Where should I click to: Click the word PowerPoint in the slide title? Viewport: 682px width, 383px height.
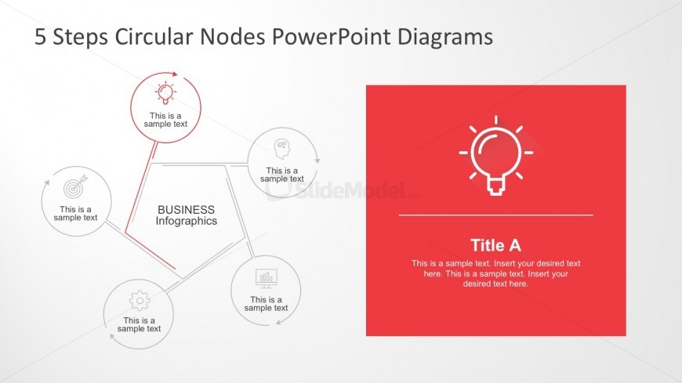[331, 37]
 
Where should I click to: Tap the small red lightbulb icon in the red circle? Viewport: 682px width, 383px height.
[165, 92]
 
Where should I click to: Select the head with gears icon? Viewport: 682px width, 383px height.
[282, 149]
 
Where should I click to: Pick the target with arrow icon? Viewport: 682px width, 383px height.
[75, 187]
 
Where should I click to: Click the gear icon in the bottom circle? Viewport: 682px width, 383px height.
[140, 301]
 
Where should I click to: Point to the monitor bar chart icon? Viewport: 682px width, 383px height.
[267, 278]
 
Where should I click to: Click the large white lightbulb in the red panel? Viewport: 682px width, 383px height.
[496, 155]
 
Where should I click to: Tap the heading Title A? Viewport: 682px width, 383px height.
[495, 245]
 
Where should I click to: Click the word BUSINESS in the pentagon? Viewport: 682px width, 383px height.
[186, 210]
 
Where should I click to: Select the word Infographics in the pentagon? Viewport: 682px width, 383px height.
[186, 221]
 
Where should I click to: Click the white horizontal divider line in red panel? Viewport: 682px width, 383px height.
[496, 215]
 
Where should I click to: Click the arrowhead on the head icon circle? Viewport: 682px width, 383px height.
[317, 161]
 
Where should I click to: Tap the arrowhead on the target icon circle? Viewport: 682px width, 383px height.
[47, 182]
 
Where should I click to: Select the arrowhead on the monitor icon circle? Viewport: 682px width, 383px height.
[279, 322]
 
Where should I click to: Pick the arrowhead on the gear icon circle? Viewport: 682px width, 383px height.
[112, 337]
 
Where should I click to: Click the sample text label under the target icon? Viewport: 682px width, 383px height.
[75, 214]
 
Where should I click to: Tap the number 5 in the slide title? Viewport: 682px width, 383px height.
[40, 37]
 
